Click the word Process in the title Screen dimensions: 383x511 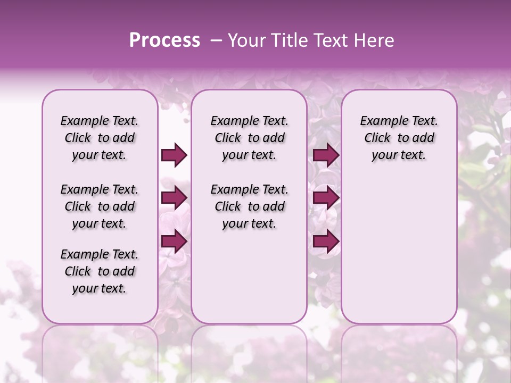164,40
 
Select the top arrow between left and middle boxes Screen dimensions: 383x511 174,155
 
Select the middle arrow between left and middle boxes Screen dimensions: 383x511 174,198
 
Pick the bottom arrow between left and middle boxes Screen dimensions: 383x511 174,242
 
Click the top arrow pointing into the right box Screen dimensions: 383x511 326,155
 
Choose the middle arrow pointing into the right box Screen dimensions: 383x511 326,198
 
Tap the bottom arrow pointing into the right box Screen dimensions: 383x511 326,242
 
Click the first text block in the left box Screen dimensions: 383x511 100,138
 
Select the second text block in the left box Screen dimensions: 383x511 100,206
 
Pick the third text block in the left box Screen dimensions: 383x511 100,271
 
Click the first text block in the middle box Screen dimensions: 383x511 249,138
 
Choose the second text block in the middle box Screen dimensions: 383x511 249,206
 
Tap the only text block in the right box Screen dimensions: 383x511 399,138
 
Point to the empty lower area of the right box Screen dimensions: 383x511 399,250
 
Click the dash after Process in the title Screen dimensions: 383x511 216,40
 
